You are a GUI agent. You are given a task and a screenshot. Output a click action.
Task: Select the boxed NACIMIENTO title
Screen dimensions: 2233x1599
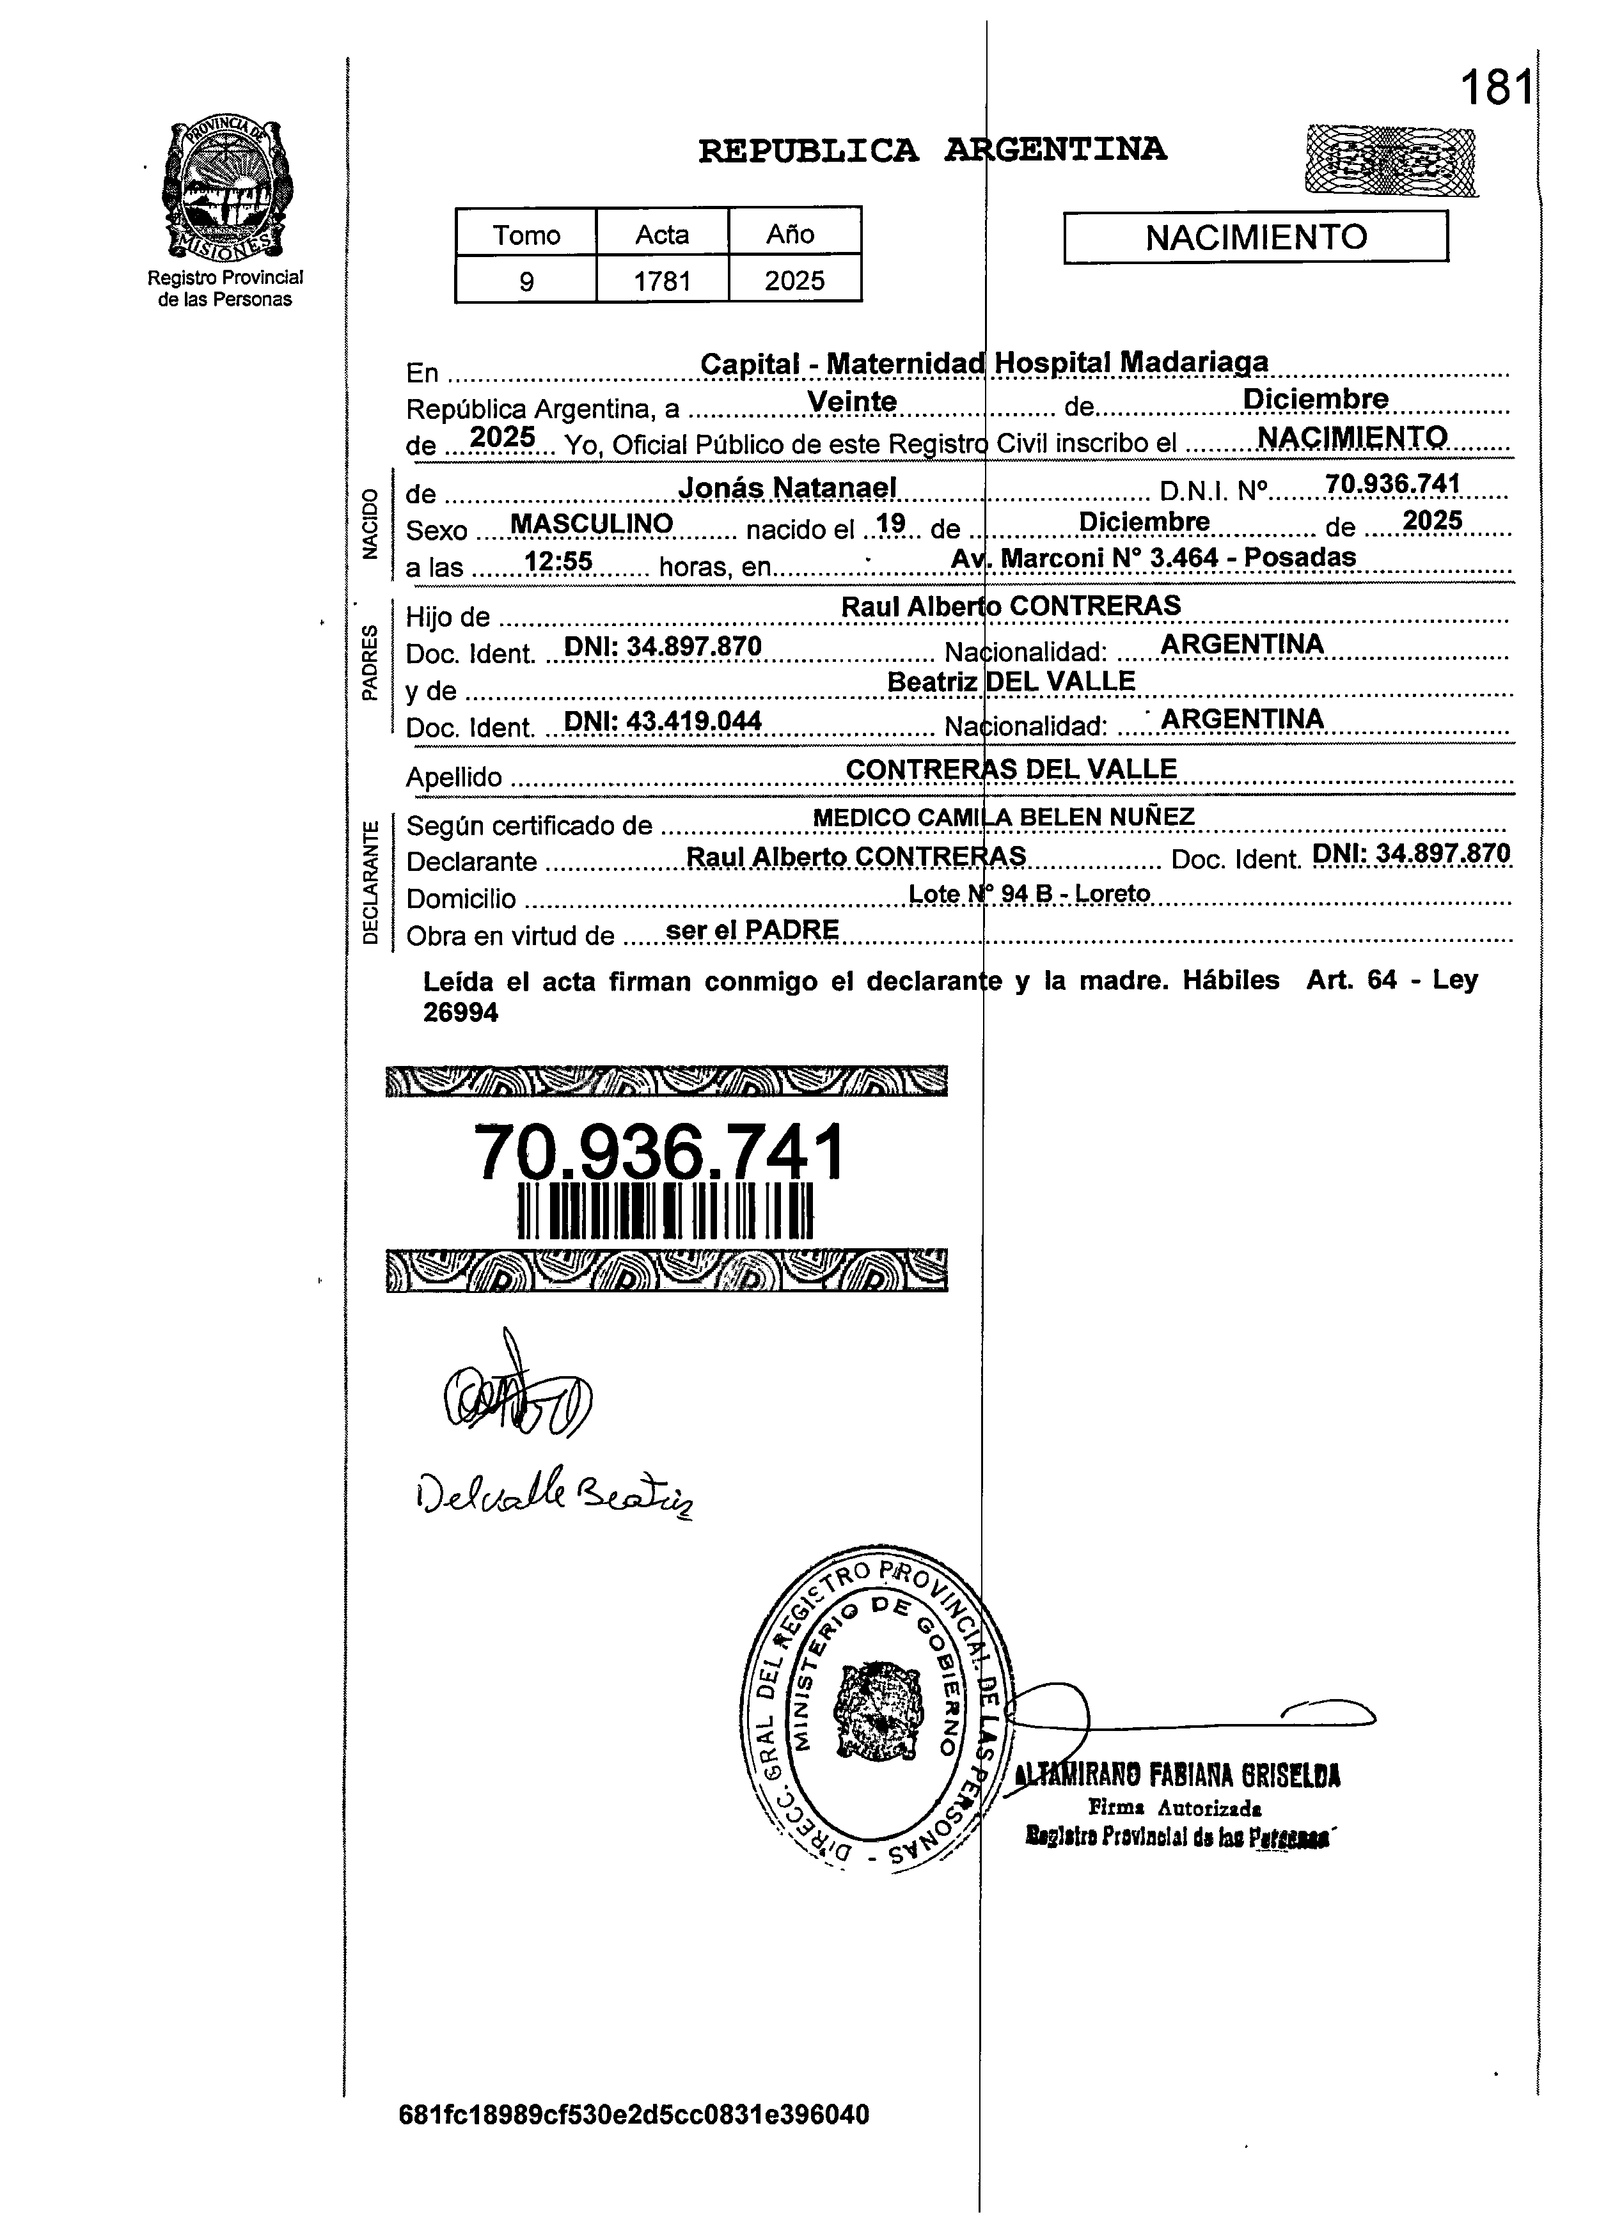1256,237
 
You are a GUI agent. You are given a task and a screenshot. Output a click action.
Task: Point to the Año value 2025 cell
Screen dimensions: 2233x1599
794,281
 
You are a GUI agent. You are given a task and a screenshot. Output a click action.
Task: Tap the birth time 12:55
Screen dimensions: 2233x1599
558,562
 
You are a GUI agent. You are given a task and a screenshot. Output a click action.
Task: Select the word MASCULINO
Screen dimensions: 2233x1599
591,524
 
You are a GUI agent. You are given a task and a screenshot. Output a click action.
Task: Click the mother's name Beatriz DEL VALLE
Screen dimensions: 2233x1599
1011,681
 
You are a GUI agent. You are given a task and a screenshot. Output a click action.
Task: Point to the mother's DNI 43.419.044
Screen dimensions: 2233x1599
663,721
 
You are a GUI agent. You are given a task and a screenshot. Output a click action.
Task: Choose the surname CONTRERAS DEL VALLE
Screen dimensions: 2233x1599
1011,769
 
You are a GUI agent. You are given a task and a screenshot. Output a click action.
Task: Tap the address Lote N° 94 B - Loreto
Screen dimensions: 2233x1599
1029,893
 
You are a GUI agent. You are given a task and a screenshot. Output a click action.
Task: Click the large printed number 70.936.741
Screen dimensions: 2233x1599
659,1152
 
